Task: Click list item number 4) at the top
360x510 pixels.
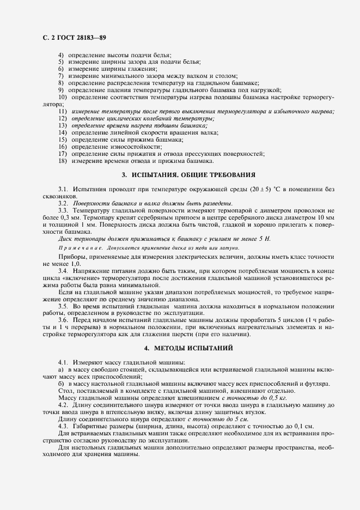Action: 60,55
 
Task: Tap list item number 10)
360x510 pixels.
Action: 62,97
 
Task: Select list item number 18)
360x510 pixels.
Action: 62,160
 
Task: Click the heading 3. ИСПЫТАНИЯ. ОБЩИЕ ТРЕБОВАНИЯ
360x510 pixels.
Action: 188,175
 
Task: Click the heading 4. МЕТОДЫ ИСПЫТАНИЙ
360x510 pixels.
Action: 188,347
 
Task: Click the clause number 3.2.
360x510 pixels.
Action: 63,203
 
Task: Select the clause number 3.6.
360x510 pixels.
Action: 63,320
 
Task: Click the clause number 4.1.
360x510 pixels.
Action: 63,362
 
